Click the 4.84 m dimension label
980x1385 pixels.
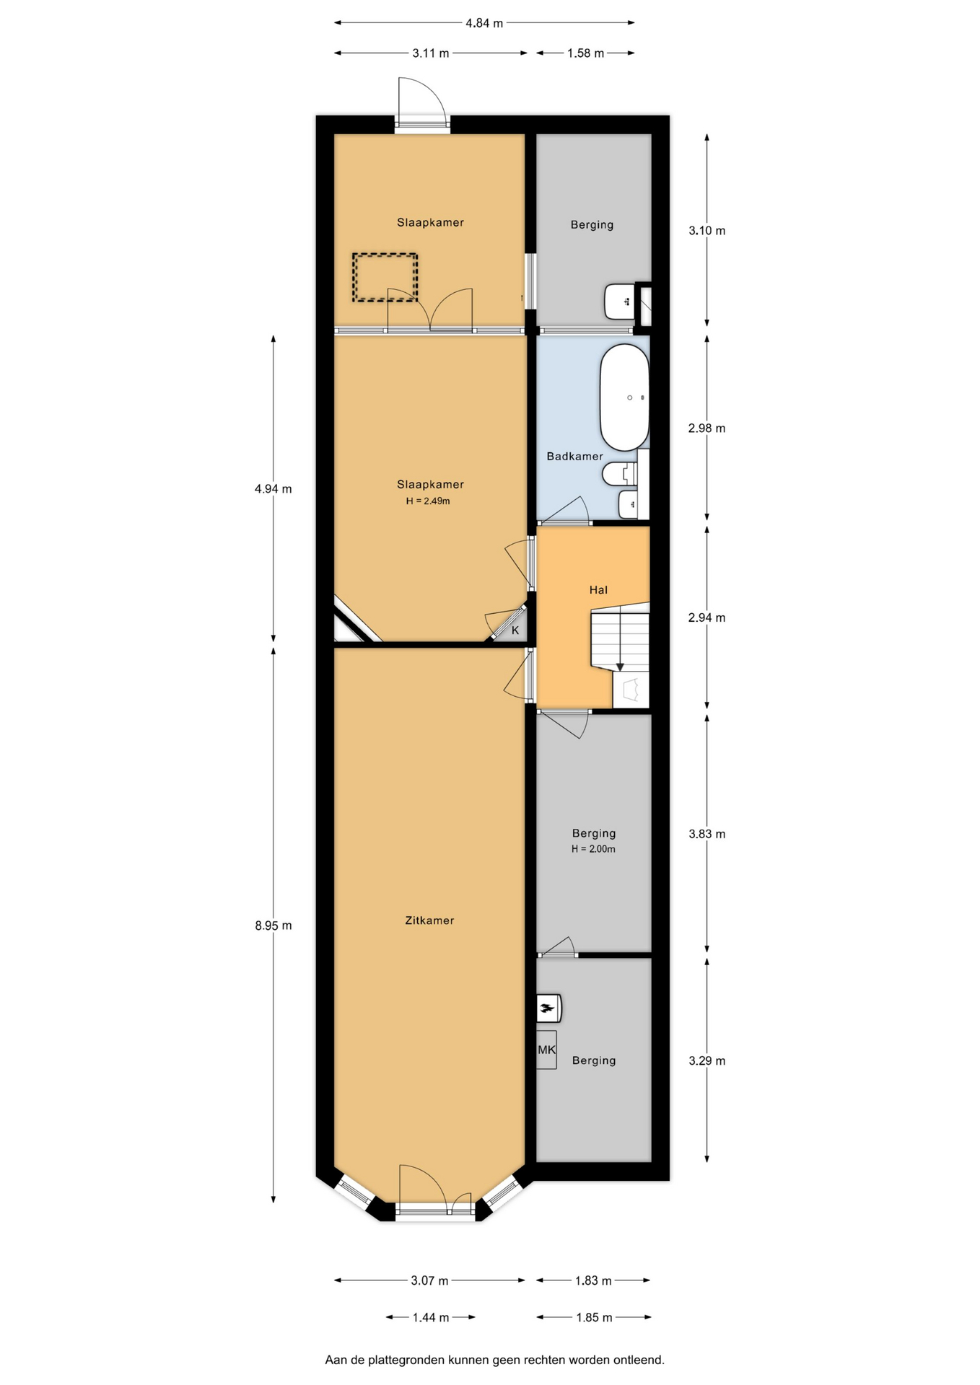484,23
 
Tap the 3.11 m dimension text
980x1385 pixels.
430,53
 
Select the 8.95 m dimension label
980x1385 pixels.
273,925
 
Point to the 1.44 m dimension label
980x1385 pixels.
431,1317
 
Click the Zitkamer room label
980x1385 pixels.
429,920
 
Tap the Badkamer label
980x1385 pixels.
574,456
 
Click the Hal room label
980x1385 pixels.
598,590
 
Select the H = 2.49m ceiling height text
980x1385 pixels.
428,501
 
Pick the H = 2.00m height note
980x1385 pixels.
593,849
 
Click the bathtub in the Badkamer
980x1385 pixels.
624,397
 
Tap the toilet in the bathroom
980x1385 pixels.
620,474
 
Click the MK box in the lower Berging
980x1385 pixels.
546,1050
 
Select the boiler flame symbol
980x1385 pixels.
548,1008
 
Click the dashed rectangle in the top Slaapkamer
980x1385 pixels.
385,277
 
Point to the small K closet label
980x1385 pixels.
515,630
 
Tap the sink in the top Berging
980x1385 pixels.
619,302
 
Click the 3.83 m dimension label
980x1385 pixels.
706,834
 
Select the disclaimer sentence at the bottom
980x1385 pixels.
494,1360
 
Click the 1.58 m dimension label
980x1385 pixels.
585,53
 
